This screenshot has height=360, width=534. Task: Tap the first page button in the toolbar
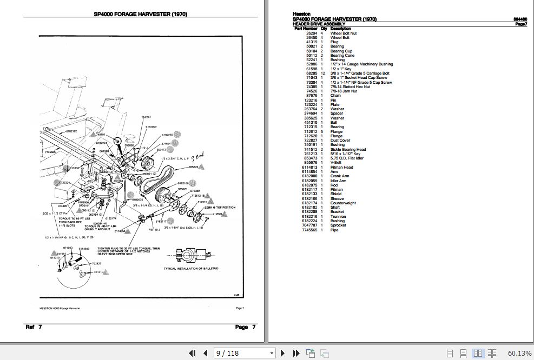pyautogui.click(x=192, y=353)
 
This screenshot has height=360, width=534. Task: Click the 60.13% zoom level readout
pyautogui.click(x=520, y=353)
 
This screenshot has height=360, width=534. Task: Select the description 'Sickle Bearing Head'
pyautogui.click(x=348, y=150)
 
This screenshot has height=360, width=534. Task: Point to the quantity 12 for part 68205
pyautogui.click(x=322, y=73)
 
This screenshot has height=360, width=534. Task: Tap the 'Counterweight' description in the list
pyautogui.click(x=344, y=203)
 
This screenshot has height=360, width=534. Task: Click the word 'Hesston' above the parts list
pyautogui.click(x=301, y=15)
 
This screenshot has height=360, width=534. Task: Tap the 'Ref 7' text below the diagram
pyautogui.click(x=34, y=327)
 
